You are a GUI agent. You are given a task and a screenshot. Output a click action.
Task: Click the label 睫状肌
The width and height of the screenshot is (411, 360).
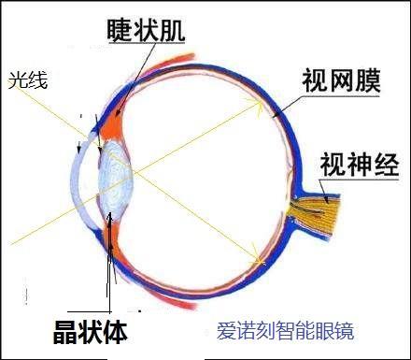(146, 31)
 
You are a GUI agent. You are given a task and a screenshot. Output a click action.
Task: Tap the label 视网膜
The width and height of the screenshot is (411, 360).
(341, 81)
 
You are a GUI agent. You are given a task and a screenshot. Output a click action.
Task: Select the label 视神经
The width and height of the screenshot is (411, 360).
(360, 165)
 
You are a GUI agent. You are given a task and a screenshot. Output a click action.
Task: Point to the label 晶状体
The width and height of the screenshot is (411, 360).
(91, 332)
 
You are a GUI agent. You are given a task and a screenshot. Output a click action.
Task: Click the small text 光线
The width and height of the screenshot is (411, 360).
(28, 80)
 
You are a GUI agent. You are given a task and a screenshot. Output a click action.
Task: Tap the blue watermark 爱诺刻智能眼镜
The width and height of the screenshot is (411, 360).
(285, 331)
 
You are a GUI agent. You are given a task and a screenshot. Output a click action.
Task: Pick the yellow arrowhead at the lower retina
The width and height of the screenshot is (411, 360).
(258, 257)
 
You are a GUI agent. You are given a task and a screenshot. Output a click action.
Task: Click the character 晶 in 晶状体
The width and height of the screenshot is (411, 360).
(65, 332)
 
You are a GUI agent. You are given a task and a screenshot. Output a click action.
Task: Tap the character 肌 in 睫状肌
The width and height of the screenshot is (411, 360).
(173, 31)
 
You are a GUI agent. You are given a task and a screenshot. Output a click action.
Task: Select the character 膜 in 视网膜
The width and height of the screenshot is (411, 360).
(368, 81)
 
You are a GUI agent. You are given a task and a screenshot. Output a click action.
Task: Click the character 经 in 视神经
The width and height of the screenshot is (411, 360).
(387, 165)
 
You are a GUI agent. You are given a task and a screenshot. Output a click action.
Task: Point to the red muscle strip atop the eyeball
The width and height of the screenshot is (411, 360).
(171, 64)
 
